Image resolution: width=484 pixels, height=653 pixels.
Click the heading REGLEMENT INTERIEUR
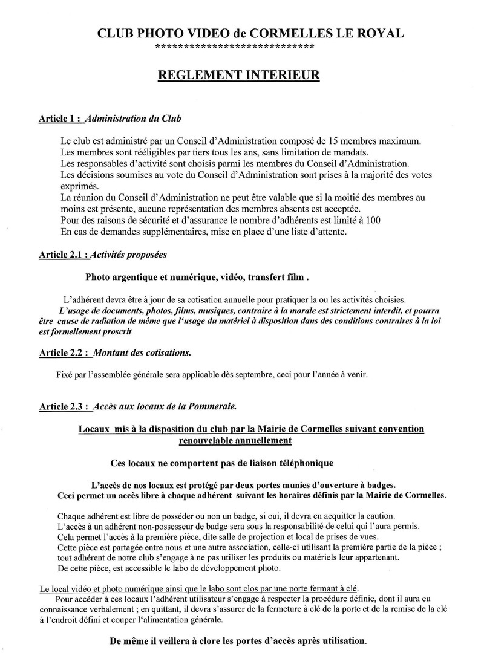pyautogui.click(x=238, y=76)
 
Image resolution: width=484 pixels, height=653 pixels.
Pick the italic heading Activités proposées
pyautogui.click(x=128, y=255)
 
